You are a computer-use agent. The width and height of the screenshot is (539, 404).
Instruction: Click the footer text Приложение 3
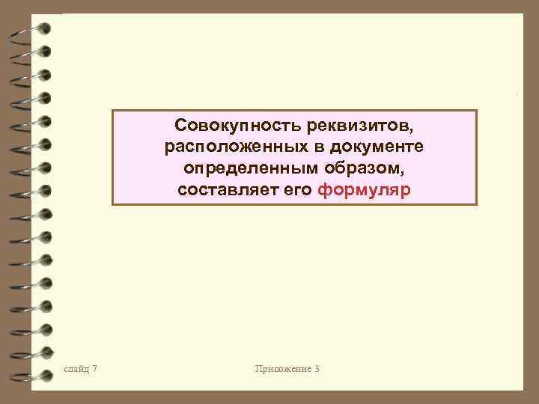click(287, 369)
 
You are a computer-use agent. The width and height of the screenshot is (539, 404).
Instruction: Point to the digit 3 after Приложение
click(317, 369)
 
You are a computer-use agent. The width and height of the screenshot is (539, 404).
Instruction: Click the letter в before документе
click(316, 145)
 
